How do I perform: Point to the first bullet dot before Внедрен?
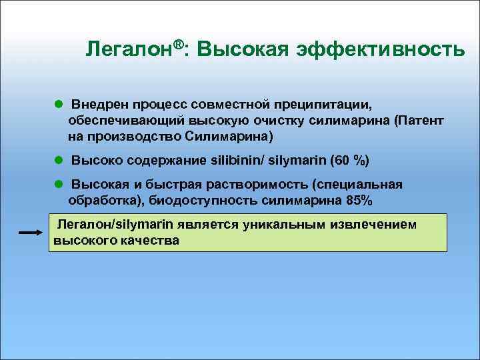point(58,105)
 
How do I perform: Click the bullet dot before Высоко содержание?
point(58,160)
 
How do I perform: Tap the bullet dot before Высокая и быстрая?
point(58,183)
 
